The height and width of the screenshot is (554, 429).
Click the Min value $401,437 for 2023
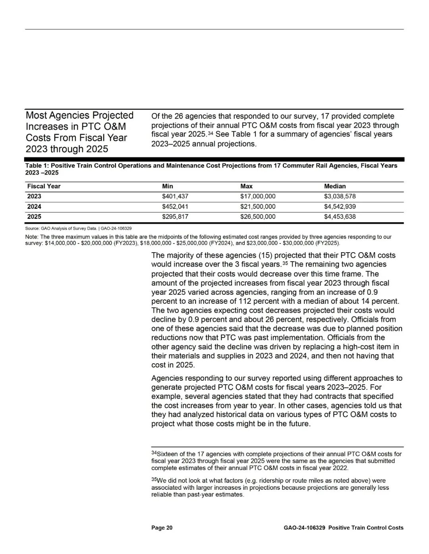(x=175, y=196)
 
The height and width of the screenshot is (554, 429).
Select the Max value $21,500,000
(x=258, y=207)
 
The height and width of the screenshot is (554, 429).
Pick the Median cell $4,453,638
(x=340, y=217)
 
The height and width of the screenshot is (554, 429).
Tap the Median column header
(x=335, y=186)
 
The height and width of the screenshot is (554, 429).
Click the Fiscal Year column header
(x=44, y=186)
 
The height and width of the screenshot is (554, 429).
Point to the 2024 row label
(x=34, y=207)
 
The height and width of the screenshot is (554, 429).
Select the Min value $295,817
(x=175, y=217)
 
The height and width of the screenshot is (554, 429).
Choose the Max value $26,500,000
(x=258, y=217)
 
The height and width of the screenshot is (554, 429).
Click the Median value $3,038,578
(x=340, y=196)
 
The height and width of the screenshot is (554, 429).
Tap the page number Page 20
(x=162, y=528)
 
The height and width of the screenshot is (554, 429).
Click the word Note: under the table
(x=32, y=237)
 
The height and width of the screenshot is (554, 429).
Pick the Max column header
(x=246, y=186)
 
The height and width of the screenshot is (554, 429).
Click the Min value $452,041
(x=175, y=207)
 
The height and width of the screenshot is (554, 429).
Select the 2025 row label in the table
(x=34, y=217)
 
